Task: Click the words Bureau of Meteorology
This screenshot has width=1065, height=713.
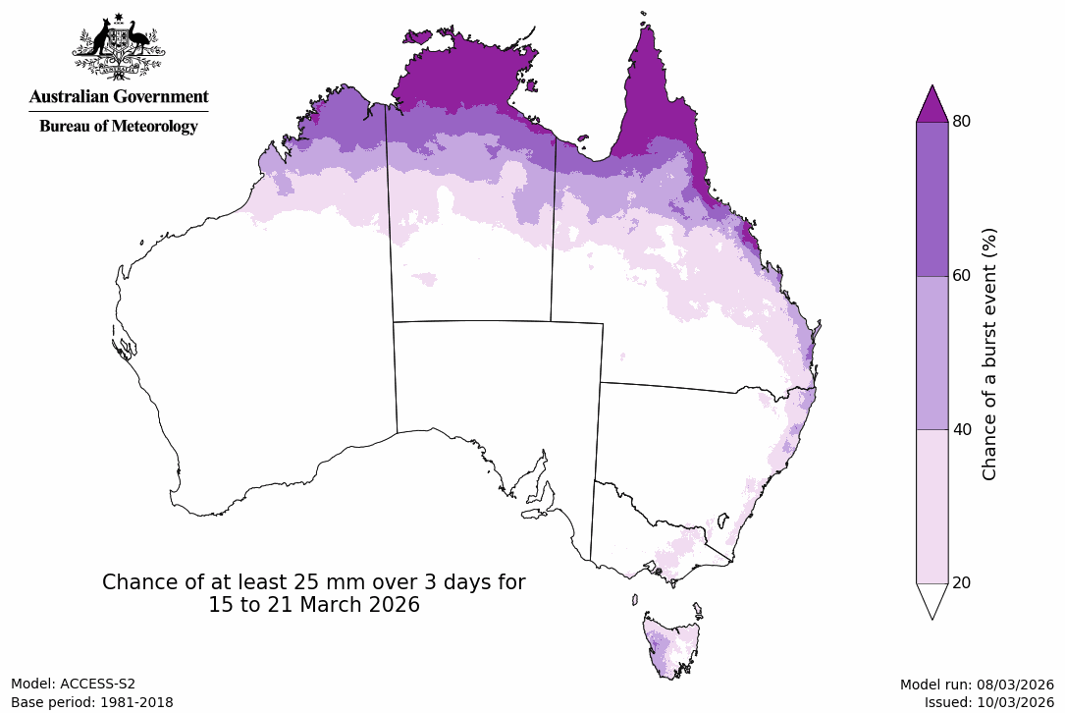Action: pyautogui.click(x=118, y=126)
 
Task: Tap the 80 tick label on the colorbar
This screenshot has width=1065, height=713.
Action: pyautogui.click(x=962, y=121)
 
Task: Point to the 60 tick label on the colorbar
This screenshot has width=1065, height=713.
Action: pyautogui.click(x=962, y=275)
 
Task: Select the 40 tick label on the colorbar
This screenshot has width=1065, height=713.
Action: pyautogui.click(x=962, y=429)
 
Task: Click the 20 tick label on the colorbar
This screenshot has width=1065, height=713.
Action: pyautogui.click(x=962, y=582)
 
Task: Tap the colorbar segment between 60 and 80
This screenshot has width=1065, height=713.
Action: pyautogui.click(x=932, y=198)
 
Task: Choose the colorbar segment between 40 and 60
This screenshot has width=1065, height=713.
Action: pyautogui.click(x=932, y=352)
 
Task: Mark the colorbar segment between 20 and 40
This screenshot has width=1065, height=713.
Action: pyautogui.click(x=932, y=506)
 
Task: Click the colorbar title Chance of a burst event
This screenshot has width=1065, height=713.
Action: pyautogui.click(x=989, y=354)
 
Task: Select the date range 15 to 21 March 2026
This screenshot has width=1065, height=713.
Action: pyautogui.click(x=313, y=605)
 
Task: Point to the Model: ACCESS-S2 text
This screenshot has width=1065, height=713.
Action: pyautogui.click(x=73, y=685)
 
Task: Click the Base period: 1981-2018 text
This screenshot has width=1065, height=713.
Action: pyautogui.click(x=91, y=702)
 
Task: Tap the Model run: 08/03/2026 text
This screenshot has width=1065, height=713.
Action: pyautogui.click(x=976, y=685)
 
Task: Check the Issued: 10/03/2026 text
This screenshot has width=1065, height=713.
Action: pyautogui.click(x=988, y=702)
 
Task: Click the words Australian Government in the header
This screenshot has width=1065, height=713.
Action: pyautogui.click(x=118, y=96)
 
